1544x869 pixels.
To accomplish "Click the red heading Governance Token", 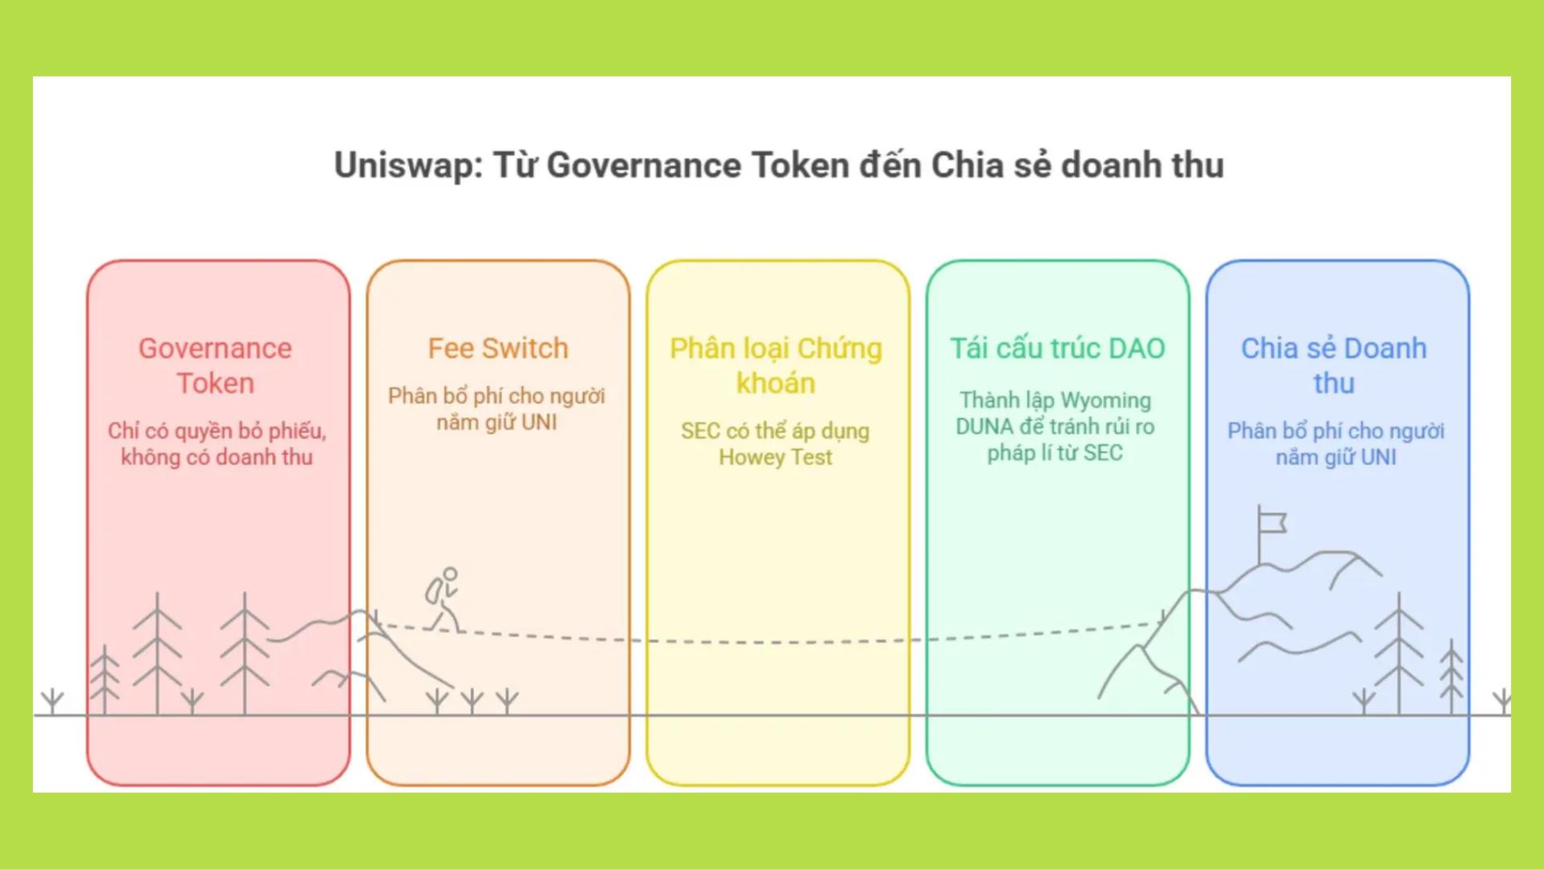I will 216,366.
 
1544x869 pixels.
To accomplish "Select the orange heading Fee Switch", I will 498,348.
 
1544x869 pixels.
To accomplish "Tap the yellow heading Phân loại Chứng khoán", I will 776,366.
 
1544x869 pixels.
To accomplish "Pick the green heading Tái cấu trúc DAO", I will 1057,348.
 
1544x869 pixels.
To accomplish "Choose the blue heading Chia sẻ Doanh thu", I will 1333,366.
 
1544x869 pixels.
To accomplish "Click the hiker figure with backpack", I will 443,599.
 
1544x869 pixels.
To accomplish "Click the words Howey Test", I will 775,458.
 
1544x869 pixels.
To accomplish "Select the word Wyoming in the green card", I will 1106,401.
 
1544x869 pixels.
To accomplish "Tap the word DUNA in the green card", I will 984,426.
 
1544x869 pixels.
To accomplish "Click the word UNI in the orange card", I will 538,422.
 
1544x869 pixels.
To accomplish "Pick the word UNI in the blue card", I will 1378,458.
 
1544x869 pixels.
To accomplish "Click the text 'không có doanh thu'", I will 216,458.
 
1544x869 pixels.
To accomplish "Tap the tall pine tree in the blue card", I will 1398,652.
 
